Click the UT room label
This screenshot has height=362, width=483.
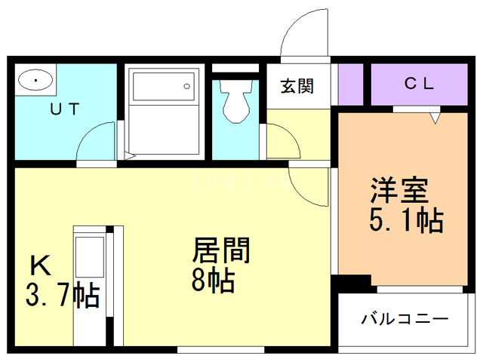(63, 108)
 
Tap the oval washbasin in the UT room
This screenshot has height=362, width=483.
(35, 80)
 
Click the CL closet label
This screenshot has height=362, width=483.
(419, 84)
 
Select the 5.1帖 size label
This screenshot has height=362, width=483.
(405, 221)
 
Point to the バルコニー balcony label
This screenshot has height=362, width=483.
(404, 318)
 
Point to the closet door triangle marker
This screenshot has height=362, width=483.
(435, 118)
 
